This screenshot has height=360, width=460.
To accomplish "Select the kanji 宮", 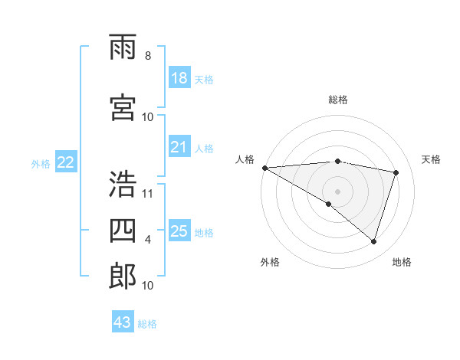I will pos(123,106).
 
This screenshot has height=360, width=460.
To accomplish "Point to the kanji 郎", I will pos(123,277).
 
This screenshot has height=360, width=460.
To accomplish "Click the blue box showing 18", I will pos(179,78).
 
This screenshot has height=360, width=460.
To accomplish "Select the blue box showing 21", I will pos(179,147).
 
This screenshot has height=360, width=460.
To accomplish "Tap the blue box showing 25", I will pos(179,231).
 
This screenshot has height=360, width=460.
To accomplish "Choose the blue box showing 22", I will pos(66,162).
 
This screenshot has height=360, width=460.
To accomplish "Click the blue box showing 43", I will pos(123,322).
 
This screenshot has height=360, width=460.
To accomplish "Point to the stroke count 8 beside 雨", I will pos(147,56).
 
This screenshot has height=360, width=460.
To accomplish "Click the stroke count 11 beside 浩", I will pos(148,193).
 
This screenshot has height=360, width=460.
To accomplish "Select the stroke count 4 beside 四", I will pos(148,240).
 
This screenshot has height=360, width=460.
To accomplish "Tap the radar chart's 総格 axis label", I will pos(337,100).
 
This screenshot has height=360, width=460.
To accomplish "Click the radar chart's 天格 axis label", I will pos(432,159).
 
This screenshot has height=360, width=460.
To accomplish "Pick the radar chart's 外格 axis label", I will pos(270,262).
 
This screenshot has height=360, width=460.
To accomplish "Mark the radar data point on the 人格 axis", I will pos(264,167).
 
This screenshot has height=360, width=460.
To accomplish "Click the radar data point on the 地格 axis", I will pos(374,241).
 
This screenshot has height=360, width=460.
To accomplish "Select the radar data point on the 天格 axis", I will pos(396,172).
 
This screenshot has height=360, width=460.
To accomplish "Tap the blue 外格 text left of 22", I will pos(41,163).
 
